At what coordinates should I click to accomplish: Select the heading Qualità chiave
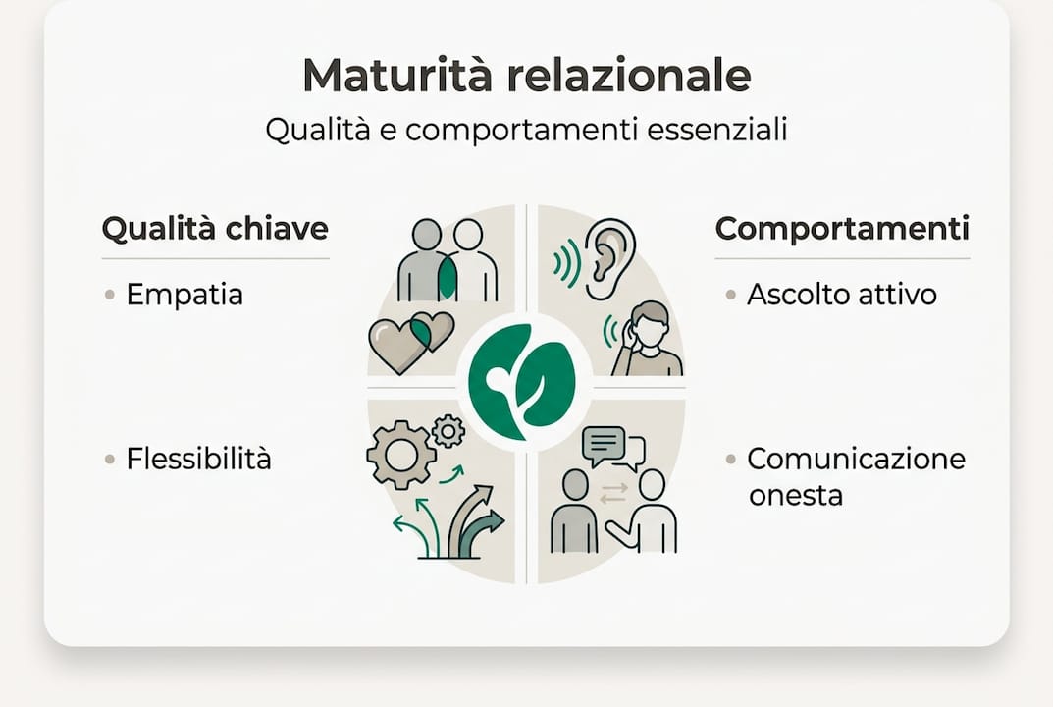[215, 229]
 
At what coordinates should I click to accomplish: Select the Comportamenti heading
[842, 229]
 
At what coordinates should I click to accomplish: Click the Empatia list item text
[184, 295]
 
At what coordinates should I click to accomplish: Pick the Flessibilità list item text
[198, 459]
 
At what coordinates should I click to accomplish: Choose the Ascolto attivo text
[841, 295]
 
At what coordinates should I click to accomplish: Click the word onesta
[795, 496]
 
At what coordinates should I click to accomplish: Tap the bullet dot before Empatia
[109, 295]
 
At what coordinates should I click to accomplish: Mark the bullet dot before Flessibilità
[109, 459]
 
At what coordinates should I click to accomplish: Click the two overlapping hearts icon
[410, 341]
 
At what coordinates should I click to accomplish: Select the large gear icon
[400, 455]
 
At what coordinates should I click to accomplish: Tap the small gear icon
[448, 431]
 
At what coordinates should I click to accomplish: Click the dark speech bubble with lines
[605, 445]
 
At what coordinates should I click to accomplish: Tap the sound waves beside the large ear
[566, 260]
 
